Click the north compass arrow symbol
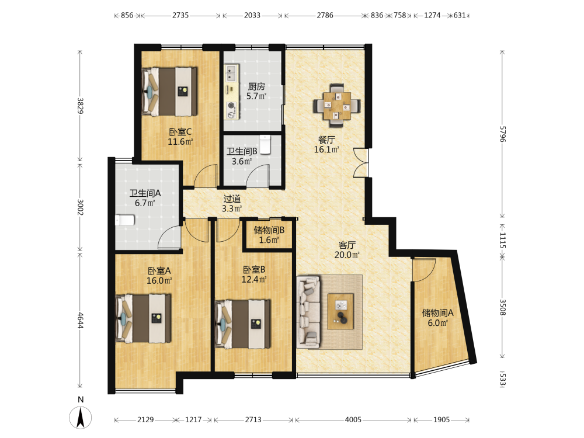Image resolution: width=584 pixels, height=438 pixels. (x=80, y=418)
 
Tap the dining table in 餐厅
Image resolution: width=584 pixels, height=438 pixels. (x=337, y=106)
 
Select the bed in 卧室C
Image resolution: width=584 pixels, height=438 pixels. (x=169, y=91)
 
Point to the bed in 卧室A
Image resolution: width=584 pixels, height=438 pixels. (x=144, y=318)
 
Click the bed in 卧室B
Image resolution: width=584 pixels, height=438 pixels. (x=243, y=324)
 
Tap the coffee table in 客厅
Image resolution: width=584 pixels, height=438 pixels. (x=340, y=311)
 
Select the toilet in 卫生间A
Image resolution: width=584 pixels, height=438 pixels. (x=125, y=220)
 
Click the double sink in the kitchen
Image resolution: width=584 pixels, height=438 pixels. (x=231, y=73)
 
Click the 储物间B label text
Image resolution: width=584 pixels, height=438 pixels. (x=269, y=230)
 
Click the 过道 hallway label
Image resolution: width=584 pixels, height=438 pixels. (x=232, y=199)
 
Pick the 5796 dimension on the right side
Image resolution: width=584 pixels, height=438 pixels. (x=503, y=134)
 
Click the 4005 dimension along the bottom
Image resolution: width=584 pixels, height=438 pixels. (x=353, y=420)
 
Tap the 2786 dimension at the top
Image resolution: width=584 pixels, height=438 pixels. (x=325, y=15)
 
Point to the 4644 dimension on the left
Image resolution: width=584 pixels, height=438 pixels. (x=80, y=320)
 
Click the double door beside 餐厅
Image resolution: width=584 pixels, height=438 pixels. (x=361, y=162)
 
